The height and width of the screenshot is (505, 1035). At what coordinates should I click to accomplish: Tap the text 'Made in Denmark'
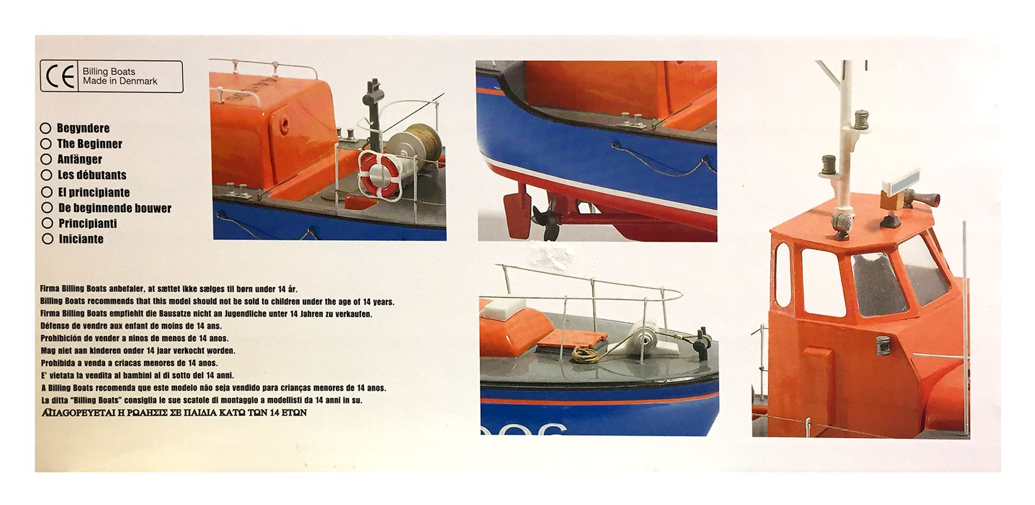(120, 81)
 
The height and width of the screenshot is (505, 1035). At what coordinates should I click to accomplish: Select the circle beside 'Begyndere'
(46, 129)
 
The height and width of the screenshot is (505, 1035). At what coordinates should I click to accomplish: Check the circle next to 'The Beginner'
(46, 144)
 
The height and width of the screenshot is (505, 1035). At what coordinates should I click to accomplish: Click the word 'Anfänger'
(79, 160)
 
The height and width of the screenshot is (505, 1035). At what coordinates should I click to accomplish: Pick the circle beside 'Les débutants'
(47, 175)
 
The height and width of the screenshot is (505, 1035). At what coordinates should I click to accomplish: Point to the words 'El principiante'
(94, 193)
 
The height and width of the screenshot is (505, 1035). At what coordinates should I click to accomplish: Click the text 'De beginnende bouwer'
(114, 208)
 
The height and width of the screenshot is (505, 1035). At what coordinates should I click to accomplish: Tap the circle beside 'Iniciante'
(48, 239)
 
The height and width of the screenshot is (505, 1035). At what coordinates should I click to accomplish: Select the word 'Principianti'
(87, 223)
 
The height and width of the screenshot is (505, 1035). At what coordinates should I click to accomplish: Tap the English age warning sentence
(218, 302)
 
